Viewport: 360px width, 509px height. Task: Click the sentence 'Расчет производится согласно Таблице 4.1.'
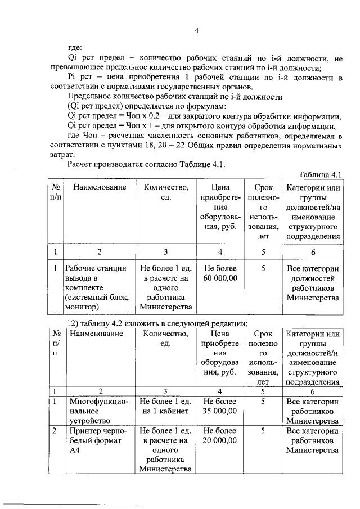click(146, 164)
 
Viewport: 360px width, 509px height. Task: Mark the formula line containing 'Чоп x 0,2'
click(204, 116)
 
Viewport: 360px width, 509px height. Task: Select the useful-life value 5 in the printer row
click(263, 430)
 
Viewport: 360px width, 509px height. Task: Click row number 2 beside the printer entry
click(55, 430)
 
